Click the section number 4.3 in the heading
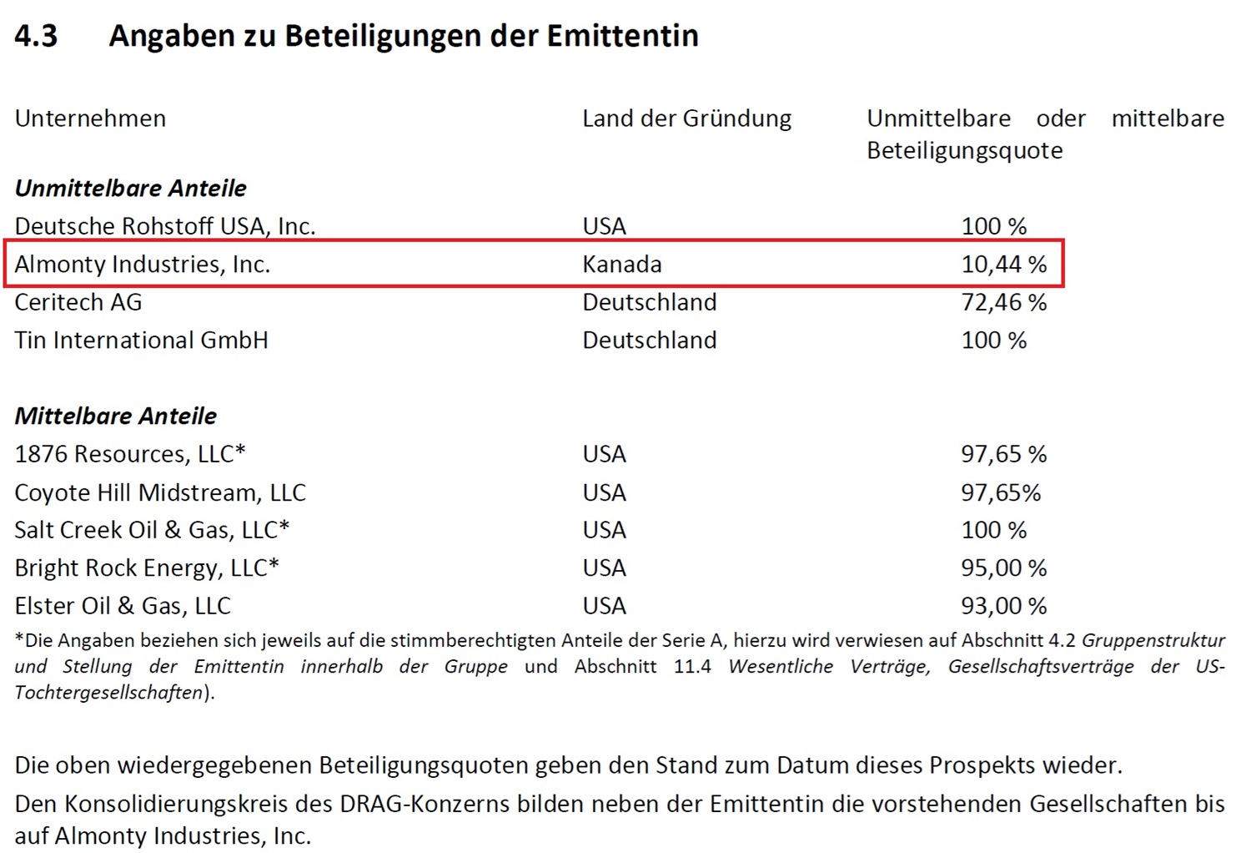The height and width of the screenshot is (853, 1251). [x=36, y=36]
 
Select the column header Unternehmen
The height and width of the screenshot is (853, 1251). [x=90, y=119]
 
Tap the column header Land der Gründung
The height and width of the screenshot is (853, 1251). [x=686, y=119]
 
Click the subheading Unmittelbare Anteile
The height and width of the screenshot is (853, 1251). [x=130, y=188]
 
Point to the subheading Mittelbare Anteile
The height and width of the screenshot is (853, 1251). [x=115, y=416]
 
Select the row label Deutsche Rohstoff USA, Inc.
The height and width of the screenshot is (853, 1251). [x=164, y=226]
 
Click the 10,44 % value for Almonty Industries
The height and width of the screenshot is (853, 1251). [x=1003, y=265]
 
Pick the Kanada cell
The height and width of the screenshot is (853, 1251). [x=621, y=265]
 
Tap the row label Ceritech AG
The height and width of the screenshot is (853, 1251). [x=78, y=302]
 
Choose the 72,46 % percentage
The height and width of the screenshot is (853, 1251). [x=1003, y=302]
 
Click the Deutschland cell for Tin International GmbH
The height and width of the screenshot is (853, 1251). [x=649, y=341]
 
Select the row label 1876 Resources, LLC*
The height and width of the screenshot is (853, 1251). [x=130, y=454]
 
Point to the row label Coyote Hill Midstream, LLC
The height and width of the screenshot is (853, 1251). [x=160, y=492]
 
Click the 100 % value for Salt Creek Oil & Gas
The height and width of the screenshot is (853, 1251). [x=993, y=530]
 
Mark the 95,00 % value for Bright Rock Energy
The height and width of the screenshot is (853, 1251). [x=1003, y=568]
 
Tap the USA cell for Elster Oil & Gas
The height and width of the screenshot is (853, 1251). [x=604, y=606]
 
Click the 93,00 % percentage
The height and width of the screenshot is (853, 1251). [x=1003, y=606]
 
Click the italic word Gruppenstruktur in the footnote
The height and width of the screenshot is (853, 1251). [x=1153, y=641]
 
